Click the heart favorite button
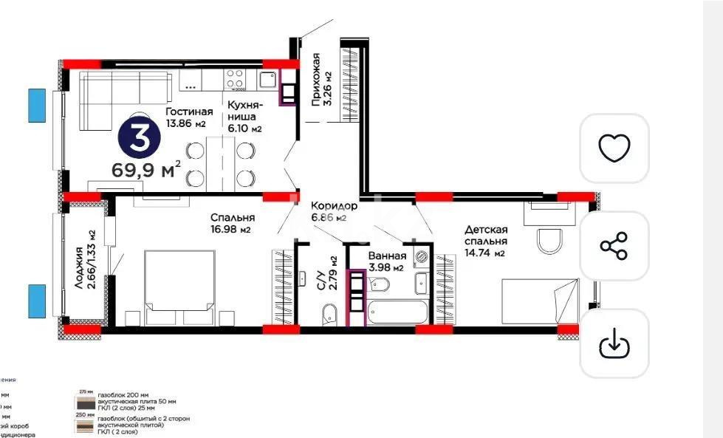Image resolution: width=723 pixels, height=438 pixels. point(614,148)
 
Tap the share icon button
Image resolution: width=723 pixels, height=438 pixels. point(614,246)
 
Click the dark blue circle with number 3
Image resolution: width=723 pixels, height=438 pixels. point(137,136)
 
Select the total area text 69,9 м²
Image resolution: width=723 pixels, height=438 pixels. point(146,170)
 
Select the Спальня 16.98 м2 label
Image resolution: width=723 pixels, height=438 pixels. point(232,222)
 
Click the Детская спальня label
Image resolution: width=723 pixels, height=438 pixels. point(485,241)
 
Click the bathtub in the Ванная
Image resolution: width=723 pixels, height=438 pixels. point(398,311)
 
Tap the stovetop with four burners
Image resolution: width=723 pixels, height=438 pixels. point(236,78)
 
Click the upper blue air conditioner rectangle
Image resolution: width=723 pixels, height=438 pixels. point(37,105)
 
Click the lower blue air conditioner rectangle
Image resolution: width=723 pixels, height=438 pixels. point(37,301)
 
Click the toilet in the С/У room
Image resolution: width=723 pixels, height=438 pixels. point(330,317)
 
